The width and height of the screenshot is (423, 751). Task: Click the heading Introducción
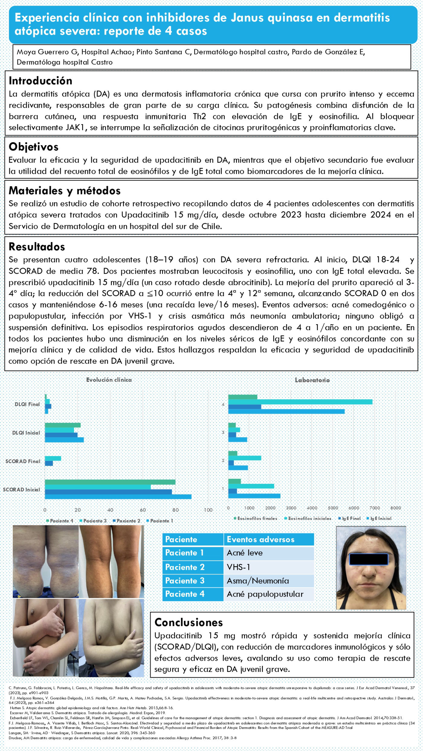click(x=40, y=81)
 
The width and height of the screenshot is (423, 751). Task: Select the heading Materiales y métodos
click(x=64, y=190)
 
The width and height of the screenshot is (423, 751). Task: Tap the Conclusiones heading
click(x=189, y=622)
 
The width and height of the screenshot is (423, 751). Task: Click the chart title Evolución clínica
click(x=109, y=380)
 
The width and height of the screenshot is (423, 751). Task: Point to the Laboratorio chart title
click(x=312, y=380)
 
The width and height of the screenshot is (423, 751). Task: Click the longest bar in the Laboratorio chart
click(x=300, y=402)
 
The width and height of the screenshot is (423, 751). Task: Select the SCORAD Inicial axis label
click(x=21, y=489)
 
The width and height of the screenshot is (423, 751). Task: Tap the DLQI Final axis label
click(x=27, y=404)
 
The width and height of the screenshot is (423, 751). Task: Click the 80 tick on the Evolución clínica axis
click(x=176, y=510)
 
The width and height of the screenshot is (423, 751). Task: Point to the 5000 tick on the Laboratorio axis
click(x=333, y=508)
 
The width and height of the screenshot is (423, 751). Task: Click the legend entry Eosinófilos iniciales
click(x=309, y=518)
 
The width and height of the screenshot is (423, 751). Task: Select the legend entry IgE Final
click(x=351, y=518)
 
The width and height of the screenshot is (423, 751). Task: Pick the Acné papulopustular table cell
click(x=265, y=594)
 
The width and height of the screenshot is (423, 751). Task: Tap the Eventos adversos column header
click(x=260, y=539)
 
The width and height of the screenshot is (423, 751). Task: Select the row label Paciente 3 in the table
click(x=185, y=580)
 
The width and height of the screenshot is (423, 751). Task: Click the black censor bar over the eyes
click(x=368, y=559)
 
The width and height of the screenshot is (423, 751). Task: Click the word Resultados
click(x=37, y=247)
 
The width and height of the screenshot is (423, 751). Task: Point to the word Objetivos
click(x=34, y=147)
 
